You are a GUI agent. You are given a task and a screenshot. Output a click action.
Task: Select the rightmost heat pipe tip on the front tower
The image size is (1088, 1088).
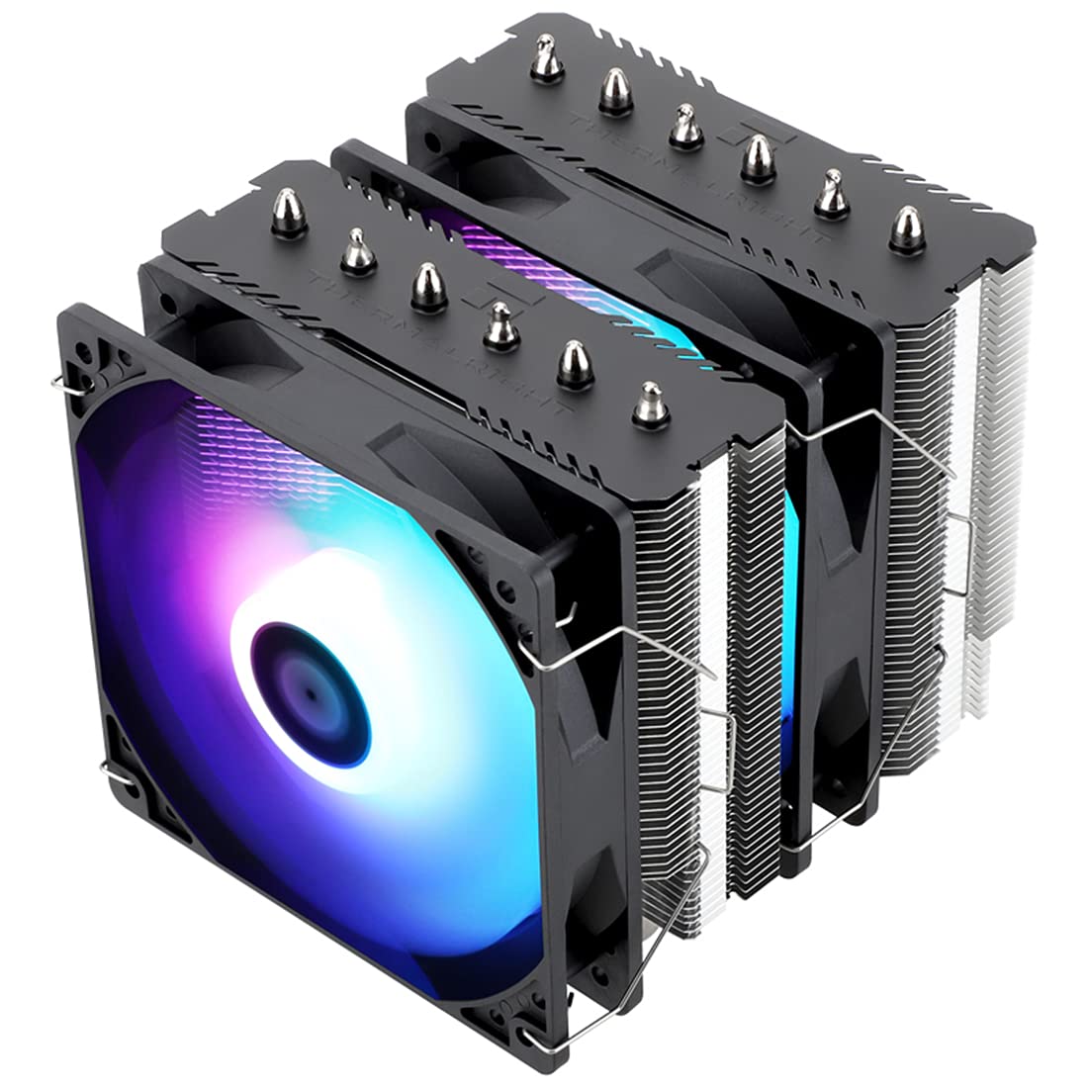[x=648, y=401]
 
